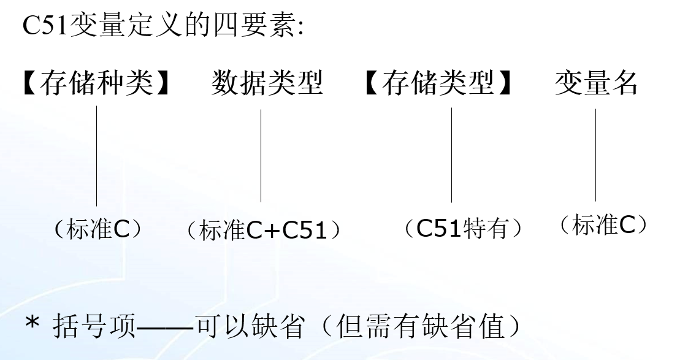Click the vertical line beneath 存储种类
(96, 156)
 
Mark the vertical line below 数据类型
(261, 156)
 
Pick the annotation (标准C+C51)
(263, 231)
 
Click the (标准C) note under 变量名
(603, 225)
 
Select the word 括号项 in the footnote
(94, 326)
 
